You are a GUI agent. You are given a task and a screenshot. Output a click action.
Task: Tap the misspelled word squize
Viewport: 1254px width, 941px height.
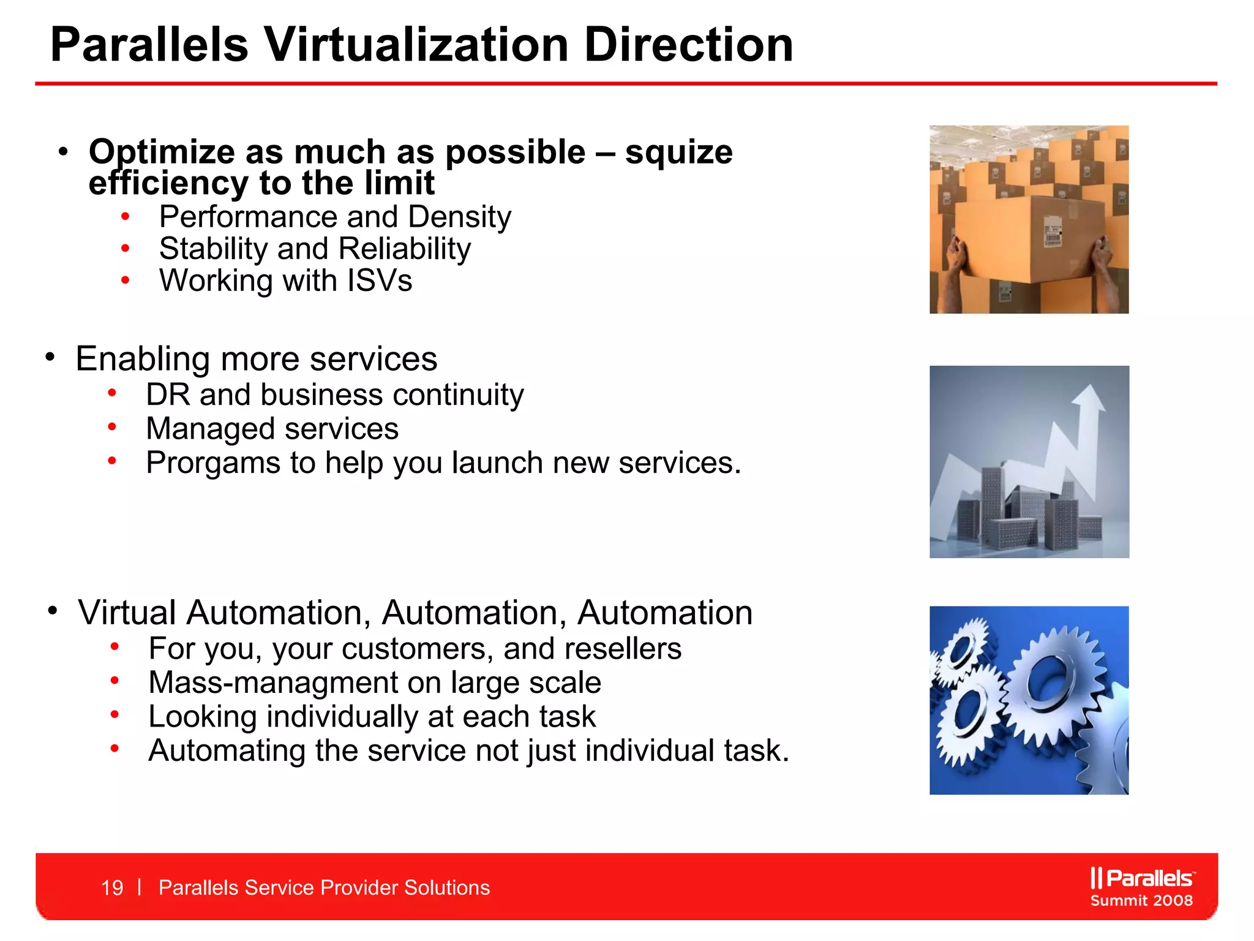tap(678, 152)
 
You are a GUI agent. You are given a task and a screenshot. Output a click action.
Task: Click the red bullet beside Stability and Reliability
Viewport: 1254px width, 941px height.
tap(126, 249)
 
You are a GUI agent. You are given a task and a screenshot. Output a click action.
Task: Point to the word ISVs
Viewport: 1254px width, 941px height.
tap(380, 281)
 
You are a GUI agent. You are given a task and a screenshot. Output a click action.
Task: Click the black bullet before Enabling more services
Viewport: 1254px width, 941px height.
tap(50, 357)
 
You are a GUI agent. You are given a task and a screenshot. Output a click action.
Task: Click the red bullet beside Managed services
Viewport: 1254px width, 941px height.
tap(112, 427)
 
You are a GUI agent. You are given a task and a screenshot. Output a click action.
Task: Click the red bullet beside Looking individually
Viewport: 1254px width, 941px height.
tap(115, 714)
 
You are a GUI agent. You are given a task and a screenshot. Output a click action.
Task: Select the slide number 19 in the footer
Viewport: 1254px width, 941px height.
tap(112, 888)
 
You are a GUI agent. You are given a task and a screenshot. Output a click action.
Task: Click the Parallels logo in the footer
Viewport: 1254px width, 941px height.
tap(1141, 878)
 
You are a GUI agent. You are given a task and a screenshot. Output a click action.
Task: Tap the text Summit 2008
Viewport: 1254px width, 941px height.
tap(1141, 901)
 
